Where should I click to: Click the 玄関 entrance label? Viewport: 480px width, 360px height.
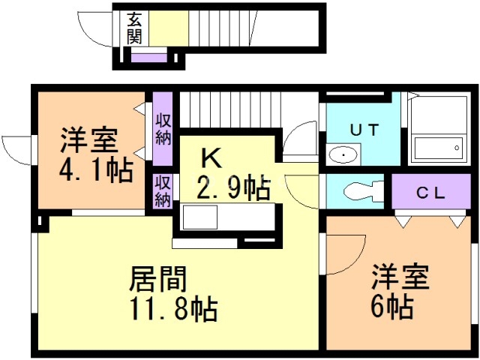(135, 28)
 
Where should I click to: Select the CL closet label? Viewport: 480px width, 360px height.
(431, 192)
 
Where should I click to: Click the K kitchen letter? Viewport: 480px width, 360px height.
(211, 158)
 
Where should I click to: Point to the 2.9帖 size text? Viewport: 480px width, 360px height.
(232, 187)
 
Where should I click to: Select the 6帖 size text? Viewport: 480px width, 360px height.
(393, 306)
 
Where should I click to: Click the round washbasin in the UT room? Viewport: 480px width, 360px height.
(343, 155)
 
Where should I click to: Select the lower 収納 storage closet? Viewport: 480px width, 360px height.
(163, 190)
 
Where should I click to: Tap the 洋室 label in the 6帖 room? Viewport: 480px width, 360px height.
(400, 277)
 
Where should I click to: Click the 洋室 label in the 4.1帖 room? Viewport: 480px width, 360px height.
(88, 140)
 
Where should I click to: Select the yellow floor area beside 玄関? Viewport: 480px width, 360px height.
(169, 28)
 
